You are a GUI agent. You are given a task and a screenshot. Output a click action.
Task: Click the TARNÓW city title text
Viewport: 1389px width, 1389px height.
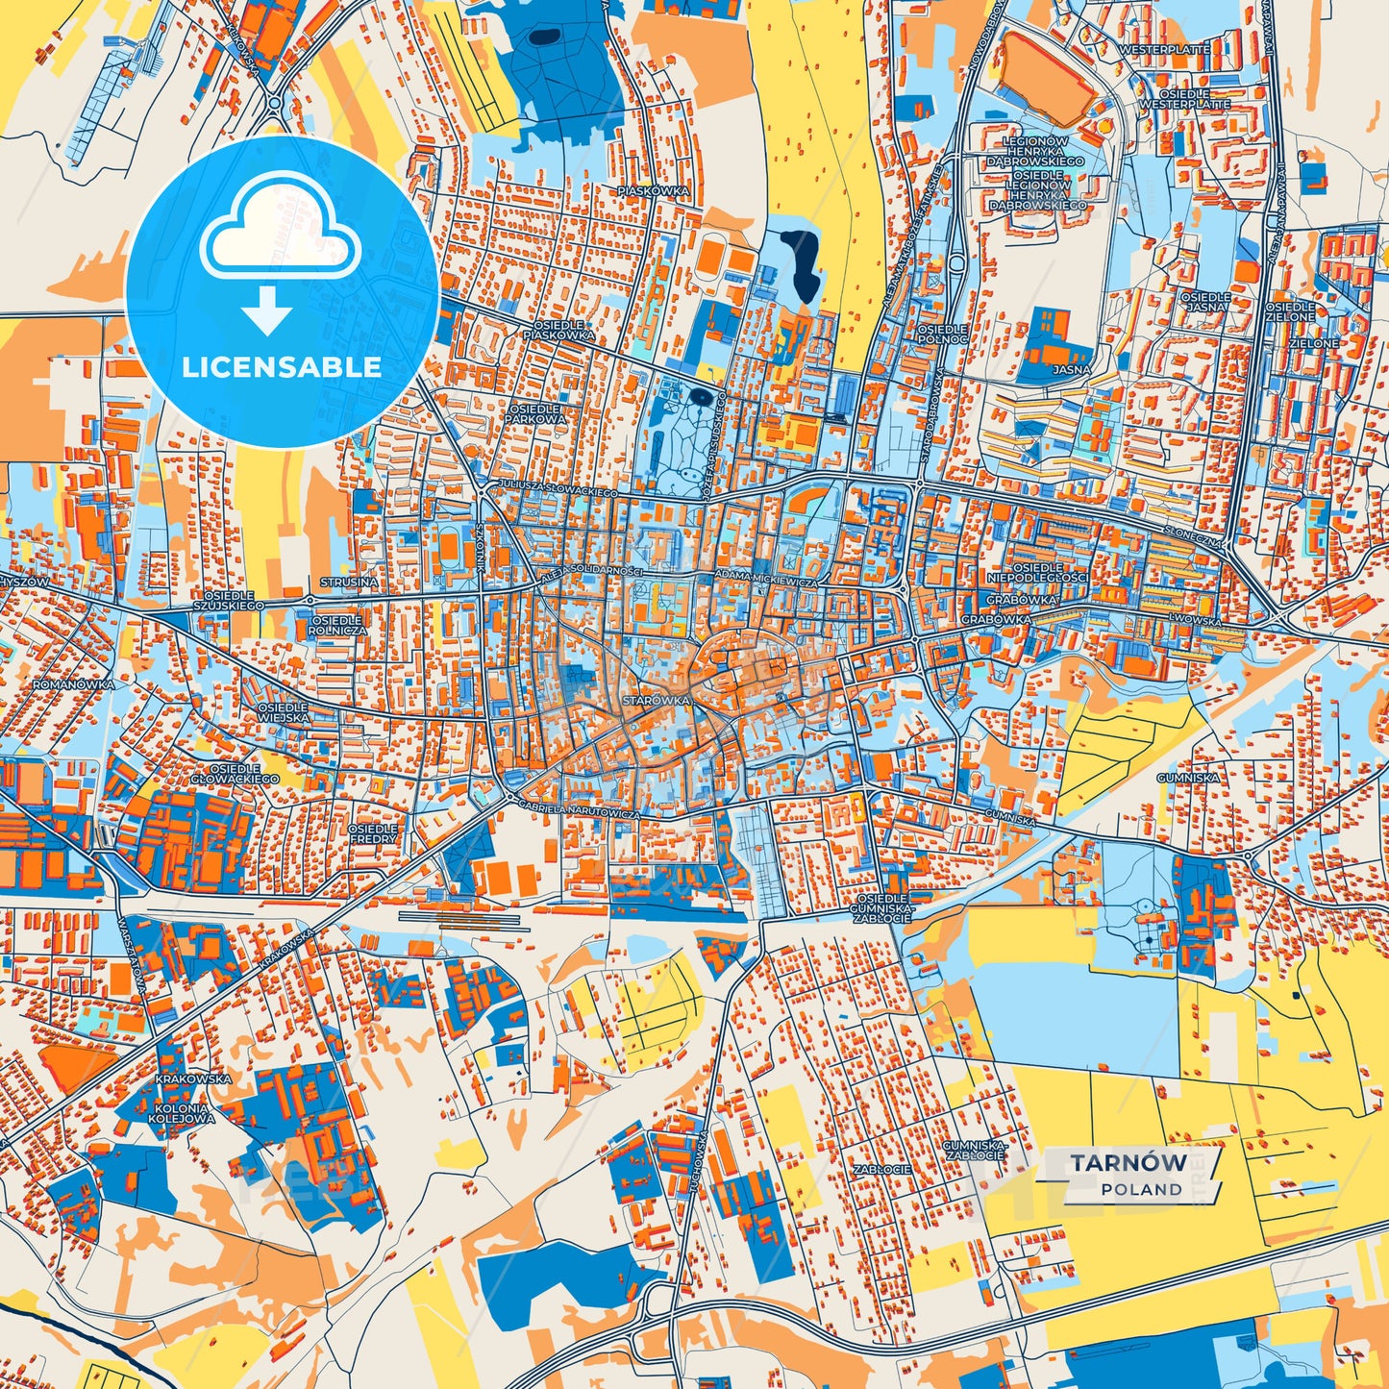coord(1129,1162)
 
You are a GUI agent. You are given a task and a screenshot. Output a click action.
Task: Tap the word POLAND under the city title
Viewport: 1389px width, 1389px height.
coord(1141,1189)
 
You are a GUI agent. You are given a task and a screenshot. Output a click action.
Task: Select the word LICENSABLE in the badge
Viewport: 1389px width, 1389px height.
coord(282,367)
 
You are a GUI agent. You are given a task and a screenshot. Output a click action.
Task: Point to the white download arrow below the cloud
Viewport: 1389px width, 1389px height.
coord(267,310)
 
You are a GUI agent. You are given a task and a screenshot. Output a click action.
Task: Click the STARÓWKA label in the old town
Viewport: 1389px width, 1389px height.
coord(656,701)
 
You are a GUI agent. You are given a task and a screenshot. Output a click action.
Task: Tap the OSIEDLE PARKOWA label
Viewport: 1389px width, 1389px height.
coord(535,414)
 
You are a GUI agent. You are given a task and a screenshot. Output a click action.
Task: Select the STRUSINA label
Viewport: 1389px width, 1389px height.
coord(349,583)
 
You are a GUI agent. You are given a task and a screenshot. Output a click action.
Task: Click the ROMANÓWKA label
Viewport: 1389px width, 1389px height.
coord(73,684)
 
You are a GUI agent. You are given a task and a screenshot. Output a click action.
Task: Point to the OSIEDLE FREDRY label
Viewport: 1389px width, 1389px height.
coord(372,833)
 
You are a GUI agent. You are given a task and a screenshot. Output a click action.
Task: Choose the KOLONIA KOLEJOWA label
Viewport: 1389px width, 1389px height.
coord(183,1113)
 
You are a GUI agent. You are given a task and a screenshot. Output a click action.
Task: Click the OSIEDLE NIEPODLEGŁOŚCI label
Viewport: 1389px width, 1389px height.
coord(1037,573)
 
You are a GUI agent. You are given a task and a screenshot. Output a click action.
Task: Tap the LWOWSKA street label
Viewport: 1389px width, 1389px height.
coord(1195,621)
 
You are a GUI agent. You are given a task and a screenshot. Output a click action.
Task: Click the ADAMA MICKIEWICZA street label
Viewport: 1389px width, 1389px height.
coord(766,583)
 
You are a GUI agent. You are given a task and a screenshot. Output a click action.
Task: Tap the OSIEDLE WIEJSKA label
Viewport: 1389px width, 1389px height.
coord(283,712)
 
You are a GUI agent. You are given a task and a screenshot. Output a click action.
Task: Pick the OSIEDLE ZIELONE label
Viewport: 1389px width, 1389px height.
coord(1290,310)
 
